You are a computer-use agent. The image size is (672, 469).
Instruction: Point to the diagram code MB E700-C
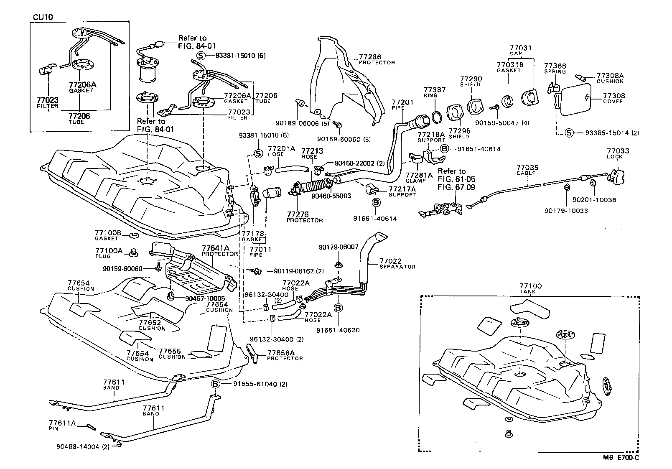[621, 457]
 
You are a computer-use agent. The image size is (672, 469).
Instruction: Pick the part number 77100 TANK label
[530, 288]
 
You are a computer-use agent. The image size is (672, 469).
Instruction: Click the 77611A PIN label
[62, 425]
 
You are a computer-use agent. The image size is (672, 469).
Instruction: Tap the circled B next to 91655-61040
[215, 384]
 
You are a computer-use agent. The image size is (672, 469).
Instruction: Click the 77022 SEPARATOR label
[397, 263]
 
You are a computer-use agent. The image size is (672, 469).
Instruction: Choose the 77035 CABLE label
[527, 170]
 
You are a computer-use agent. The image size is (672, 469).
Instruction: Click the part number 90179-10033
[566, 211]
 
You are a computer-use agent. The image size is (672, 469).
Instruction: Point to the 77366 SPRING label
[555, 68]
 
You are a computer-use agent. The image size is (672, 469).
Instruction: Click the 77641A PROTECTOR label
[220, 251]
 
